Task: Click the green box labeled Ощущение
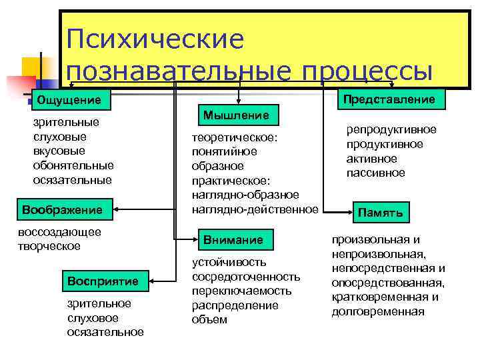coord(69,100)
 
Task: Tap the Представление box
coord(389,99)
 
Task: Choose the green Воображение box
coord(62,209)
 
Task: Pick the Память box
coord(380,213)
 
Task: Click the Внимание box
coord(233,239)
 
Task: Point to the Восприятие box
coord(103,281)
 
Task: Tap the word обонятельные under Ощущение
coord(73,165)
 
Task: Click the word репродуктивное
coord(391,129)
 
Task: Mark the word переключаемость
coord(241,291)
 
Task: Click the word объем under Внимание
coord(209,319)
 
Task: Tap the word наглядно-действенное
coord(255,209)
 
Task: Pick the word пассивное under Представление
coord(375,173)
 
